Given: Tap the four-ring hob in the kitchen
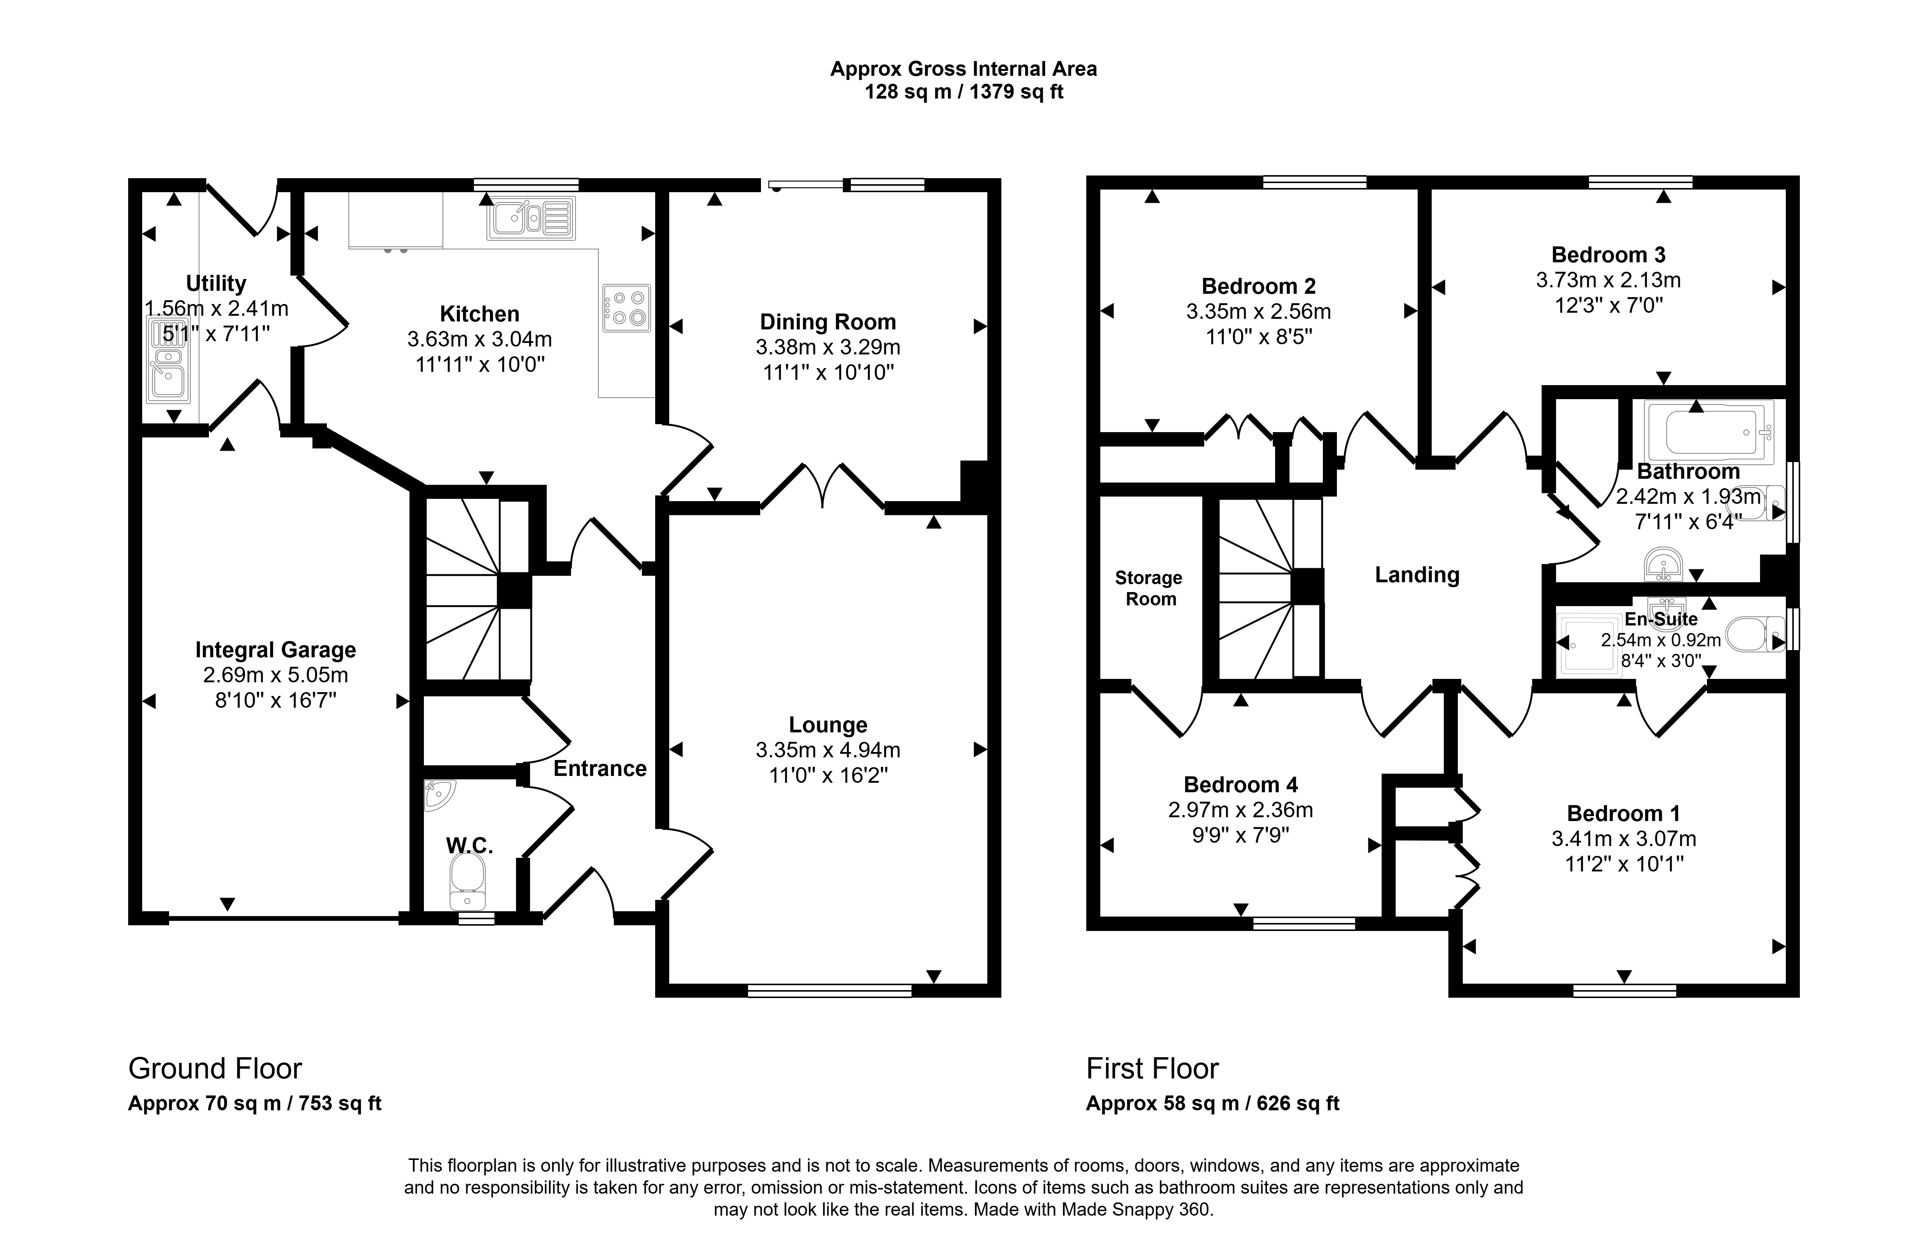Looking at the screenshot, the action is coord(626,308).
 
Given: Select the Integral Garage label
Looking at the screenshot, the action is coord(275,650).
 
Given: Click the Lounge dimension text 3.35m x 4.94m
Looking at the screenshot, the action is coord(828,750).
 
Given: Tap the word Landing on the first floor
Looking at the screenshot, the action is coord(1417,575).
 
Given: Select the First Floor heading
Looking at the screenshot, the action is coord(1152,1068).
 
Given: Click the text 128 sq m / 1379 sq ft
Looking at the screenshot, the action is coord(964,91).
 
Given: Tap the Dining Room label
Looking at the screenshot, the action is coord(828,321).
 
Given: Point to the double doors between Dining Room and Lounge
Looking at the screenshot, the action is coord(822,486).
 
